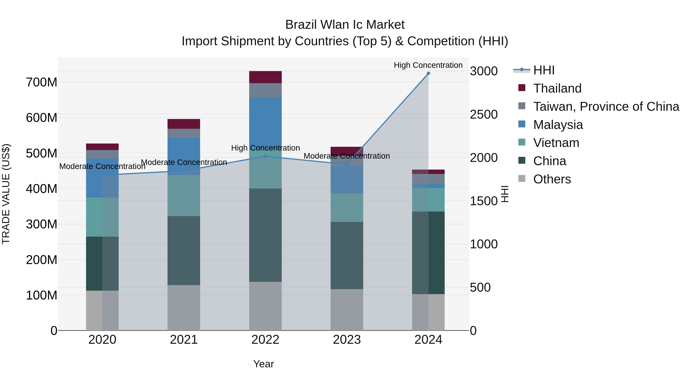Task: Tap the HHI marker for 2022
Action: click(x=265, y=156)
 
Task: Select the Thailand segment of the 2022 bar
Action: click(x=265, y=77)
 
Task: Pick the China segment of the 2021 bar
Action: click(x=184, y=250)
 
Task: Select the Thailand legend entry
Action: click(x=557, y=88)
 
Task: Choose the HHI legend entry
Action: click(x=544, y=70)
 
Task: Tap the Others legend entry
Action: click(x=552, y=179)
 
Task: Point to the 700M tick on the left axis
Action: click(x=42, y=82)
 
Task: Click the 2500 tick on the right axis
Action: click(x=484, y=114)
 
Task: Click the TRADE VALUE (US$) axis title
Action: click(x=6, y=194)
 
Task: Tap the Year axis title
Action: click(x=264, y=364)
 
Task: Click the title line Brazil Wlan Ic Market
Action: click(x=345, y=25)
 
